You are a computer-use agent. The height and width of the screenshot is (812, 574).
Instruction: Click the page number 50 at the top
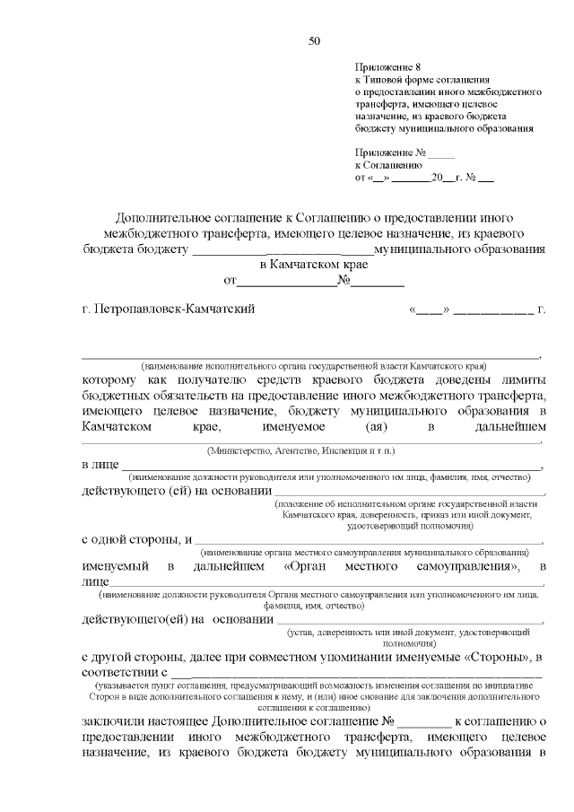click(x=313, y=40)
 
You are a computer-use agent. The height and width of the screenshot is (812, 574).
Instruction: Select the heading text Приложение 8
click(x=387, y=67)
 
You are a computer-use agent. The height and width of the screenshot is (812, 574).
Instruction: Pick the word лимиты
click(x=524, y=380)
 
